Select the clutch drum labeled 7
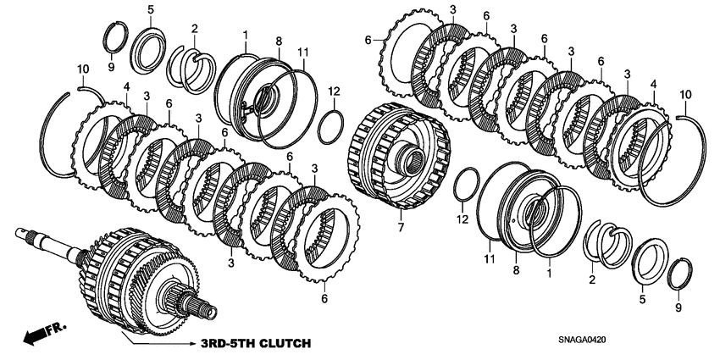tap(398, 161)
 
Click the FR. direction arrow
tap(38, 335)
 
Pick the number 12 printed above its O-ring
tap(334, 91)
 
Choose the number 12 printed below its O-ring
tap(462, 219)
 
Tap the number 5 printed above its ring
tap(150, 9)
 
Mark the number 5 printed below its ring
tap(641, 298)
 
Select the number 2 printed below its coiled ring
tap(591, 279)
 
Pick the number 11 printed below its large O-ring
tap(489, 258)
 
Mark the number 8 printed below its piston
tap(515, 269)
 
